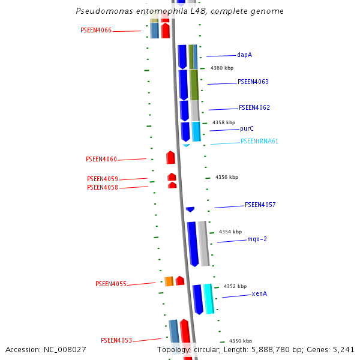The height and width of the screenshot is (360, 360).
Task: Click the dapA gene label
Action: tap(244, 55)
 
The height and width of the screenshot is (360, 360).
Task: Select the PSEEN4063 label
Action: tap(253, 82)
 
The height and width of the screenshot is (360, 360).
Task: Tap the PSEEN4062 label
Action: tap(254, 108)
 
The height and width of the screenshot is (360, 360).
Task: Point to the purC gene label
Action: tap(247, 128)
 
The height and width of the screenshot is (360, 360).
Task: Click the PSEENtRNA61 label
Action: tap(259, 142)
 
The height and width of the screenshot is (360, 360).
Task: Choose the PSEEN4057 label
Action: tap(260, 205)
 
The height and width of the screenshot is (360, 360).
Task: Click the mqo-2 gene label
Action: tap(257, 239)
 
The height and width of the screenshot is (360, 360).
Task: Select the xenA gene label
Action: tap(259, 294)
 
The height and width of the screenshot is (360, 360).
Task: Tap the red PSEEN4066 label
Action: tap(96, 31)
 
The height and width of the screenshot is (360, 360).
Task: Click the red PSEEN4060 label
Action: tap(101, 160)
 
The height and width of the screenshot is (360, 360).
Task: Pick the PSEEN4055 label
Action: tap(111, 284)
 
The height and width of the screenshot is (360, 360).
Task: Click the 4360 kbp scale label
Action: tap(222, 68)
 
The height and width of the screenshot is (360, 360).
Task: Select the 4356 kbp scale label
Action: tap(227, 178)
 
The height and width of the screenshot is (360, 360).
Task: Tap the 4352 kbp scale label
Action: tap(235, 287)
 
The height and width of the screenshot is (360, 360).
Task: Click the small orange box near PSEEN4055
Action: tap(169, 281)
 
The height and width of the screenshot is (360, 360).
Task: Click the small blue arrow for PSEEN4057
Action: tap(190, 209)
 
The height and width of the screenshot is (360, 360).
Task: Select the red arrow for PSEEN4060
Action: tap(170, 158)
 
